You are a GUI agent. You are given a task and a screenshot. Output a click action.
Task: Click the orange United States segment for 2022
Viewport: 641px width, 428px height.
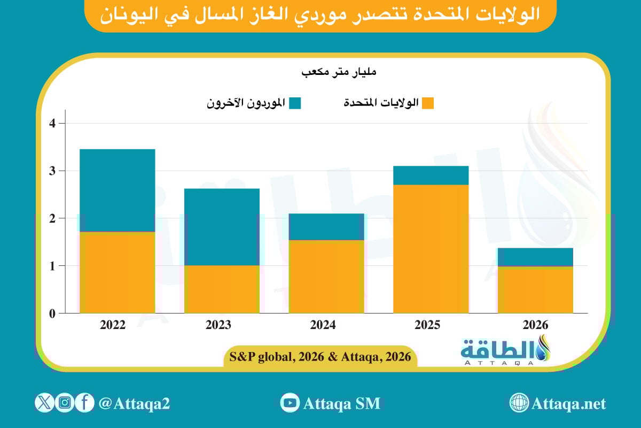pyautogui.click(x=117, y=272)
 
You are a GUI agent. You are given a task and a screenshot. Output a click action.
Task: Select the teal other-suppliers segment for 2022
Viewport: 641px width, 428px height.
pyautogui.click(x=117, y=190)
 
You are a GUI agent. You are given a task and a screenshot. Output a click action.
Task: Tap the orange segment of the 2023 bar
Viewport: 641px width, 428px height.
pyautogui.click(x=222, y=289)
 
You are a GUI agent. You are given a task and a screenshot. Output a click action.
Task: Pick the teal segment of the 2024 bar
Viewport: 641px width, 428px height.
pyautogui.click(x=326, y=227)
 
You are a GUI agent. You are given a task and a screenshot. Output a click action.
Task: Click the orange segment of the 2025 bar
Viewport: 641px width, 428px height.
pyautogui.click(x=431, y=249)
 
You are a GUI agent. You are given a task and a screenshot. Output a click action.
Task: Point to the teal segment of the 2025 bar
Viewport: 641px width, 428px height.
pyautogui.click(x=431, y=175)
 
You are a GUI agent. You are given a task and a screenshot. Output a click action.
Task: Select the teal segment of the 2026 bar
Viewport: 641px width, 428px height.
pyautogui.click(x=535, y=257)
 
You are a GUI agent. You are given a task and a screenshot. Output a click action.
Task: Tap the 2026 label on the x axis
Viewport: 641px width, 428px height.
pyautogui.click(x=535, y=325)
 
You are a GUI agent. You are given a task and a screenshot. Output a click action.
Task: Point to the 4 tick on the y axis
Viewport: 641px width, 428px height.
pyautogui.click(x=53, y=124)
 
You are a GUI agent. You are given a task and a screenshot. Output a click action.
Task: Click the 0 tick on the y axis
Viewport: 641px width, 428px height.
pyautogui.click(x=53, y=314)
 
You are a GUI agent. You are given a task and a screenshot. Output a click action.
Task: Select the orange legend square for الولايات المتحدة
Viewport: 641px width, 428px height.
pyautogui.click(x=427, y=103)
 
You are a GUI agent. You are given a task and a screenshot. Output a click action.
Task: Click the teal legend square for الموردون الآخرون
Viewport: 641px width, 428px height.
pyautogui.click(x=295, y=103)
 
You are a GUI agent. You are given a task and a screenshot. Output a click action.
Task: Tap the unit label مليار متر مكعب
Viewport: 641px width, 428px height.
pyautogui.click(x=340, y=72)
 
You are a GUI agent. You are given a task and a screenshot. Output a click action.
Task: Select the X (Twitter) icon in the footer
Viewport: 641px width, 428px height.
pyautogui.click(x=44, y=403)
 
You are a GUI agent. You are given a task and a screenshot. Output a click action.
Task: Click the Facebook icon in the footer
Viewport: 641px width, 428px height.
pyautogui.click(x=84, y=403)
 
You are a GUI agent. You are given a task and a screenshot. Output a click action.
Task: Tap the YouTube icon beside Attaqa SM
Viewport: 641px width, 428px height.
pyautogui.click(x=290, y=403)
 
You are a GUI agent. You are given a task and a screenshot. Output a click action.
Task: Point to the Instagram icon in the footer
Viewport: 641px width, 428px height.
pyautogui.click(x=65, y=403)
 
